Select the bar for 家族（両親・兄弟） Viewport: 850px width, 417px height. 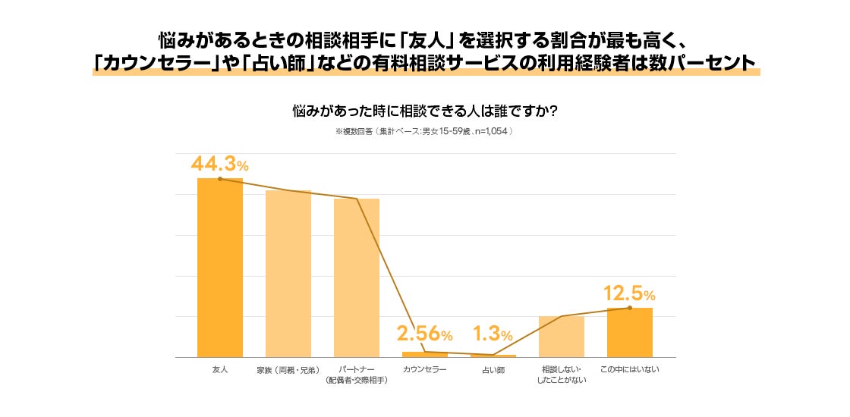click(288, 274)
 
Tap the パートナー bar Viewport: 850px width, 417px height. click(357, 277)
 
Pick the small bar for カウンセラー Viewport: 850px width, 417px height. click(425, 354)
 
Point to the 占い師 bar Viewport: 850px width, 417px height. click(493, 356)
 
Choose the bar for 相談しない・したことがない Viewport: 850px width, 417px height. click(562, 337)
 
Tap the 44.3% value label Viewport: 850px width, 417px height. click(219, 164)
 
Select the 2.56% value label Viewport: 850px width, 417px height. click(425, 334)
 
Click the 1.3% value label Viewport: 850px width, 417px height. click(493, 334)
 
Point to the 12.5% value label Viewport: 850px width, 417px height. click(629, 293)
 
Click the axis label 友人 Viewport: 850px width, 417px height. click(220, 369)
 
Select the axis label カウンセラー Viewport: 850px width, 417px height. click(425, 369)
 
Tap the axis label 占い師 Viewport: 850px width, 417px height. click(493, 369)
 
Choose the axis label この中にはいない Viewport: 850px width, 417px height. click(630, 369)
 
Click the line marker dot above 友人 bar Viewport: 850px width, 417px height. click(220, 179)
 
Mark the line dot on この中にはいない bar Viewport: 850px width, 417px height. click(630, 308)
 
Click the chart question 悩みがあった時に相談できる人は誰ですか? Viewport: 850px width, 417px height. click(425, 111)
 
